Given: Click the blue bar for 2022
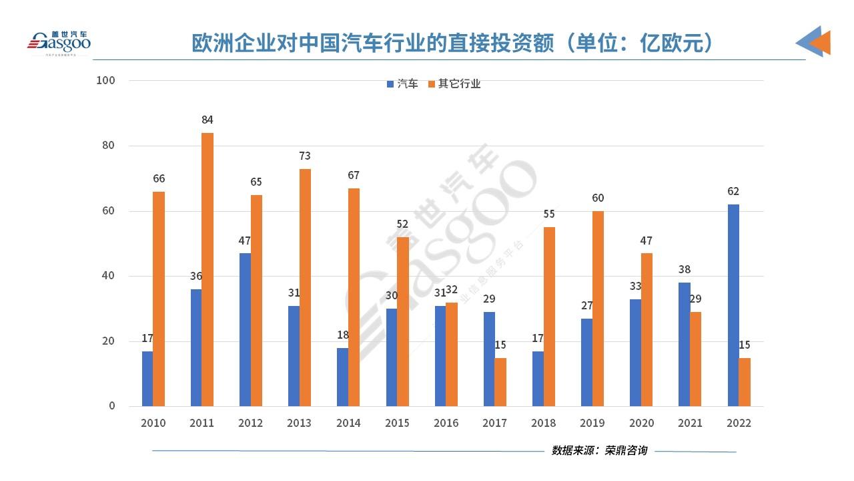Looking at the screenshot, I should tap(733, 305).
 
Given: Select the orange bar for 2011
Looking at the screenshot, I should tap(207, 269).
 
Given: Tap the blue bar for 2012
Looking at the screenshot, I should tap(245, 329).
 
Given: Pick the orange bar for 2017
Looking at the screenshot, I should tap(500, 381).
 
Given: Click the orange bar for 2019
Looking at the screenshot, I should tap(598, 309).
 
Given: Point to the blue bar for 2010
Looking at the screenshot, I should tap(147, 378).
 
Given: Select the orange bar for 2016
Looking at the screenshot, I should tap(452, 354).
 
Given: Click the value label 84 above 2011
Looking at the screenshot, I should tap(207, 120).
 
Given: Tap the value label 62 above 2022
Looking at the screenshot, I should tap(733, 192).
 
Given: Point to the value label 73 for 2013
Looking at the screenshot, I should tap(305, 156).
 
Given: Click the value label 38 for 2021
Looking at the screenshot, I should tap(685, 270).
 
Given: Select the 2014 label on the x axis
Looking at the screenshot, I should tap(348, 424).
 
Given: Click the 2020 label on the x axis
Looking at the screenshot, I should tap(641, 424).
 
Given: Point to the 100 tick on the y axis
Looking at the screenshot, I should tap(106, 81).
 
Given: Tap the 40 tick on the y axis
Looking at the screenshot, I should tap(109, 276).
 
